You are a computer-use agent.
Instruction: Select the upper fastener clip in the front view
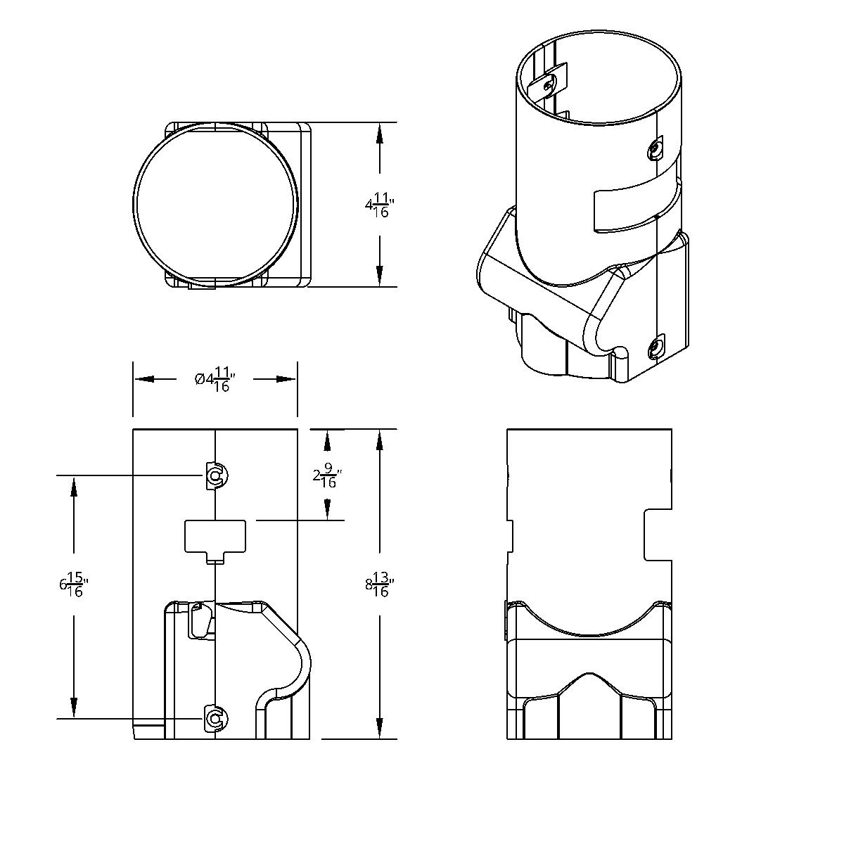(215, 476)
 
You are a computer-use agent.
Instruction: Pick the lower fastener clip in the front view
(215, 718)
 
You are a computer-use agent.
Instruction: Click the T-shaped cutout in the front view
(215, 539)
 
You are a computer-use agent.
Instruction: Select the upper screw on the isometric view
(656, 148)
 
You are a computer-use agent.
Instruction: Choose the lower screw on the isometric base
(656, 347)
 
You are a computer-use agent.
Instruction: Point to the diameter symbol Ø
(200, 380)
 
